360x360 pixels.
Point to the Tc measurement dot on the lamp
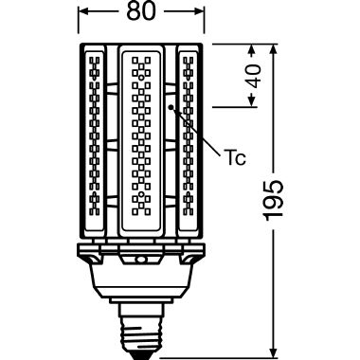coord(171,109)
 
